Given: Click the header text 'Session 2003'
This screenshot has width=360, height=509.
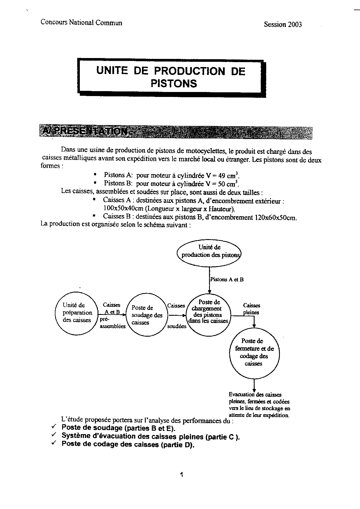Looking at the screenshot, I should [x=282, y=25].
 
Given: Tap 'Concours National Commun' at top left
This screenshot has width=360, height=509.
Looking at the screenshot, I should [x=81, y=23].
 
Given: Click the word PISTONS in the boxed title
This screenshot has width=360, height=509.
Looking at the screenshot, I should [x=174, y=84].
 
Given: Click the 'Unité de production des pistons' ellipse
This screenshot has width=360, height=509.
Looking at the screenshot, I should [x=209, y=251].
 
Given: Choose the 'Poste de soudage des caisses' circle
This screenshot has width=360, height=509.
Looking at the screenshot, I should [x=147, y=315].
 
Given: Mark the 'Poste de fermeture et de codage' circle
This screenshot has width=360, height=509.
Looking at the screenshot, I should [x=254, y=353].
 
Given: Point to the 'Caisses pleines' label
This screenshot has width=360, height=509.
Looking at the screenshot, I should [x=251, y=309].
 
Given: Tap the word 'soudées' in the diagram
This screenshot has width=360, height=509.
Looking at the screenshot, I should [x=177, y=326].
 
